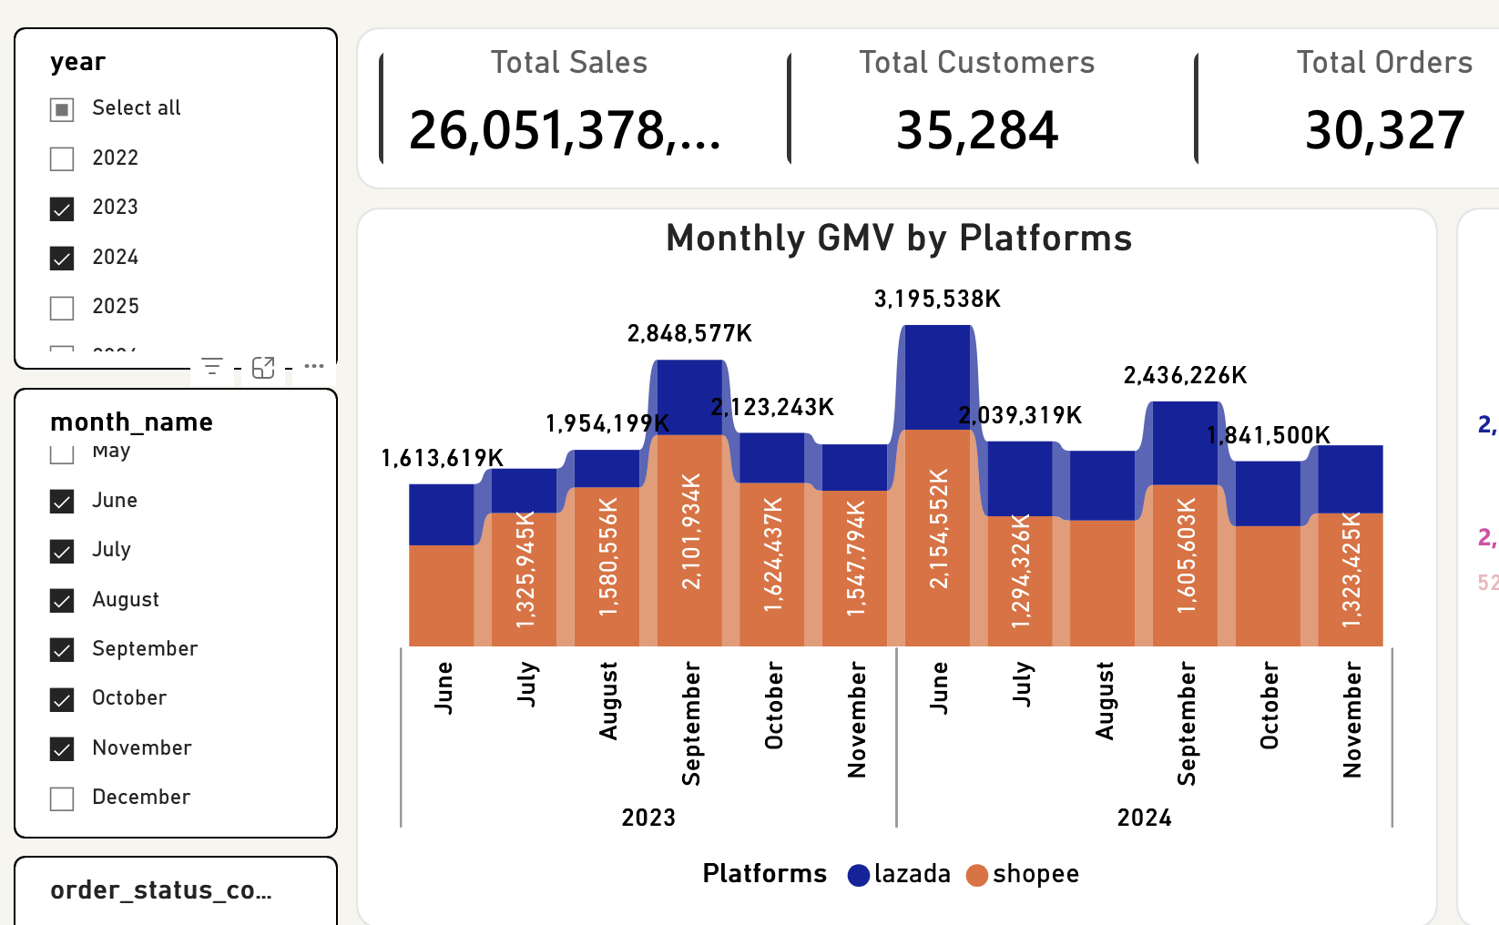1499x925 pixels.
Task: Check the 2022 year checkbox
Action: [x=62, y=159]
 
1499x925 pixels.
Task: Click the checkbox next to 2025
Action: [x=62, y=308]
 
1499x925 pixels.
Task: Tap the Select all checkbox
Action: [x=62, y=110]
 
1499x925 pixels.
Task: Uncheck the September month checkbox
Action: [x=62, y=650]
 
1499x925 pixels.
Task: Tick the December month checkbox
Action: [x=62, y=798]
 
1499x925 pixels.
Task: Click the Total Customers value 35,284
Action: [x=976, y=130]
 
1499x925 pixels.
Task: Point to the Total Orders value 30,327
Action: [x=1384, y=130]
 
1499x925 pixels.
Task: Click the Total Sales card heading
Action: [x=569, y=63]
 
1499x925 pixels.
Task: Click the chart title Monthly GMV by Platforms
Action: [x=899, y=239]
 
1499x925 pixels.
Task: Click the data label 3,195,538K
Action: [x=937, y=299]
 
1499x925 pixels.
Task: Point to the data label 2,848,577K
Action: [x=689, y=333]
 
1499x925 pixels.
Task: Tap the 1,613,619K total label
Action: [x=442, y=458]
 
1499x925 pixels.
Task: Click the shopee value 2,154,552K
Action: [x=939, y=528]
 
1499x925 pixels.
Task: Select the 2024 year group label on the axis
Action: [x=1144, y=818]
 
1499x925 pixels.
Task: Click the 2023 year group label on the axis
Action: [x=648, y=818]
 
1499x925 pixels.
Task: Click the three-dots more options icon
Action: [x=314, y=366]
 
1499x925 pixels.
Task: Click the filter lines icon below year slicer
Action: [x=212, y=367]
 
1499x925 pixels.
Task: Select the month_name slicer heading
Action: [x=132, y=422]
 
